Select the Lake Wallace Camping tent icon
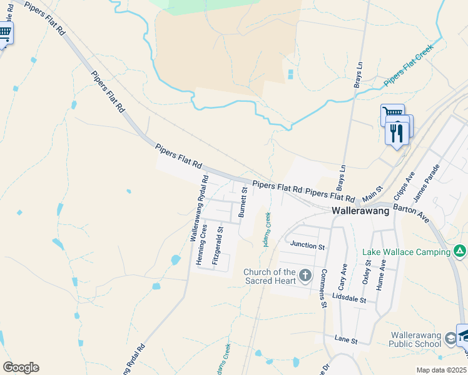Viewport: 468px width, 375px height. pos(460,251)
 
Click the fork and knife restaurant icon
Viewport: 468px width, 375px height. pos(397,133)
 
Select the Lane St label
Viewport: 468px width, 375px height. pos(345,341)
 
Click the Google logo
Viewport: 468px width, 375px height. pos(21,367)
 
